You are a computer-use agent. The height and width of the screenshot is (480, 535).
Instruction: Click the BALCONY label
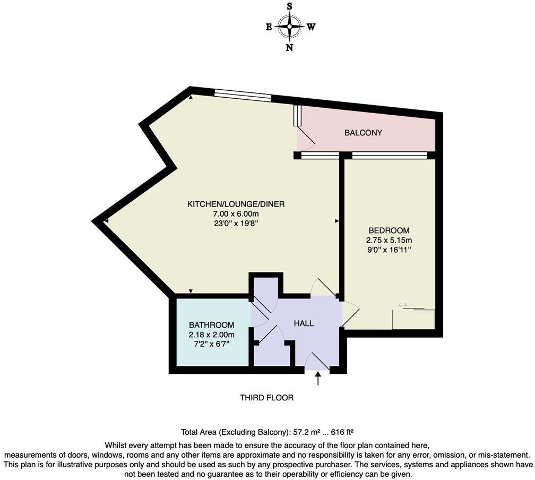coord(363,133)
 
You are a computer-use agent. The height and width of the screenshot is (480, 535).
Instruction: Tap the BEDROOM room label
coord(389,230)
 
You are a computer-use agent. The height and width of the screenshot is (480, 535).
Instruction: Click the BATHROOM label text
coord(211,325)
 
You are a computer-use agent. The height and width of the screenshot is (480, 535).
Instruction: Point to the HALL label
coord(304,323)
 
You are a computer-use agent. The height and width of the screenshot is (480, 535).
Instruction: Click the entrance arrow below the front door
coord(318,379)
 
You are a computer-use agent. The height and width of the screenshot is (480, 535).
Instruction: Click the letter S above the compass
coord(290,7)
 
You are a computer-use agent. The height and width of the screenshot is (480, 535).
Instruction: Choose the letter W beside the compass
coord(311,28)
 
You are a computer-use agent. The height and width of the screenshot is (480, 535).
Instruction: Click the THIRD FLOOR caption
coord(266,398)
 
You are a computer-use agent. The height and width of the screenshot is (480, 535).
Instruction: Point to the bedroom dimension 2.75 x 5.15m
coord(389,240)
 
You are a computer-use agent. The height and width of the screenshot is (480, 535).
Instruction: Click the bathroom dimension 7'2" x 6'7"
coord(211,344)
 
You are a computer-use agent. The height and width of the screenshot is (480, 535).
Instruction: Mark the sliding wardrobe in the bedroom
coord(413,319)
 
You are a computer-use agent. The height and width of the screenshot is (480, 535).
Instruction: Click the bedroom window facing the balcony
coord(389,156)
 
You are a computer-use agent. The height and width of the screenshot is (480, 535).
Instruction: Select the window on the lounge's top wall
coord(243,96)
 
